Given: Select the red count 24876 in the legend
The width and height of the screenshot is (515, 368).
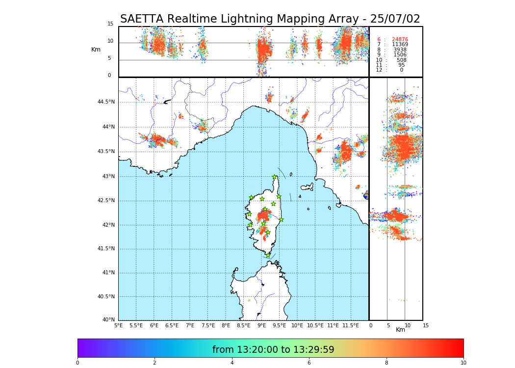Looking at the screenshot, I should pyautogui.click(x=400, y=40).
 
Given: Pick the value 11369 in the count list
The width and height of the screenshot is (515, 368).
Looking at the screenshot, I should pyautogui.click(x=400, y=45).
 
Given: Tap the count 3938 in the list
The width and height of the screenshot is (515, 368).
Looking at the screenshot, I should pyautogui.click(x=400, y=50).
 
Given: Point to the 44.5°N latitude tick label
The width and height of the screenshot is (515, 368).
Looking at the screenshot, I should pyautogui.click(x=105, y=102).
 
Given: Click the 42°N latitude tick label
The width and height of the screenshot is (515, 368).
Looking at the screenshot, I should pyautogui.click(x=107, y=225).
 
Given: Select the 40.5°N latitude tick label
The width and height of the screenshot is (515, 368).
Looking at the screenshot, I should pyautogui.click(x=105, y=297).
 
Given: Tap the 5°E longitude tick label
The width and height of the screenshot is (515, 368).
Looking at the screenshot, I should pyautogui.click(x=118, y=325).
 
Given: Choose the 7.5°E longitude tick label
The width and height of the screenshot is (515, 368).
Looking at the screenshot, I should pyautogui.click(x=208, y=325).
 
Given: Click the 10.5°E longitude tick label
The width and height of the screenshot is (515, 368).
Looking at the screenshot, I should pyautogui.click(x=315, y=325).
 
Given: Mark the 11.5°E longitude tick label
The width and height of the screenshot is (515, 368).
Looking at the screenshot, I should pyautogui.click(x=351, y=325).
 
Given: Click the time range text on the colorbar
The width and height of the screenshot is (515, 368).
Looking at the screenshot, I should pyautogui.click(x=273, y=350).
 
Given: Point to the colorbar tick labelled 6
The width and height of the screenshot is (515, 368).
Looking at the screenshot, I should pyautogui.click(x=309, y=363).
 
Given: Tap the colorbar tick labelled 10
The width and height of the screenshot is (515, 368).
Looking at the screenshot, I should pyautogui.click(x=463, y=363).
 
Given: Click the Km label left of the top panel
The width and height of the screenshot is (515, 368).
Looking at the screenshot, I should pyautogui.click(x=96, y=50).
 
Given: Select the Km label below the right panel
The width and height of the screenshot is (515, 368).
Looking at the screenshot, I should pyautogui.click(x=400, y=330).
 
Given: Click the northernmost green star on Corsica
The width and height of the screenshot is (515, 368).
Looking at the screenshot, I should pyautogui.click(x=275, y=177).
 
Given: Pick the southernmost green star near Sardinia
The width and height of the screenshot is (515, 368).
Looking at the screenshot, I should pyautogui.click(x=268, y=255).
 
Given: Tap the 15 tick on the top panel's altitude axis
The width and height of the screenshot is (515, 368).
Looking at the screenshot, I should pyautogui.click(x=110, y=24).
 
